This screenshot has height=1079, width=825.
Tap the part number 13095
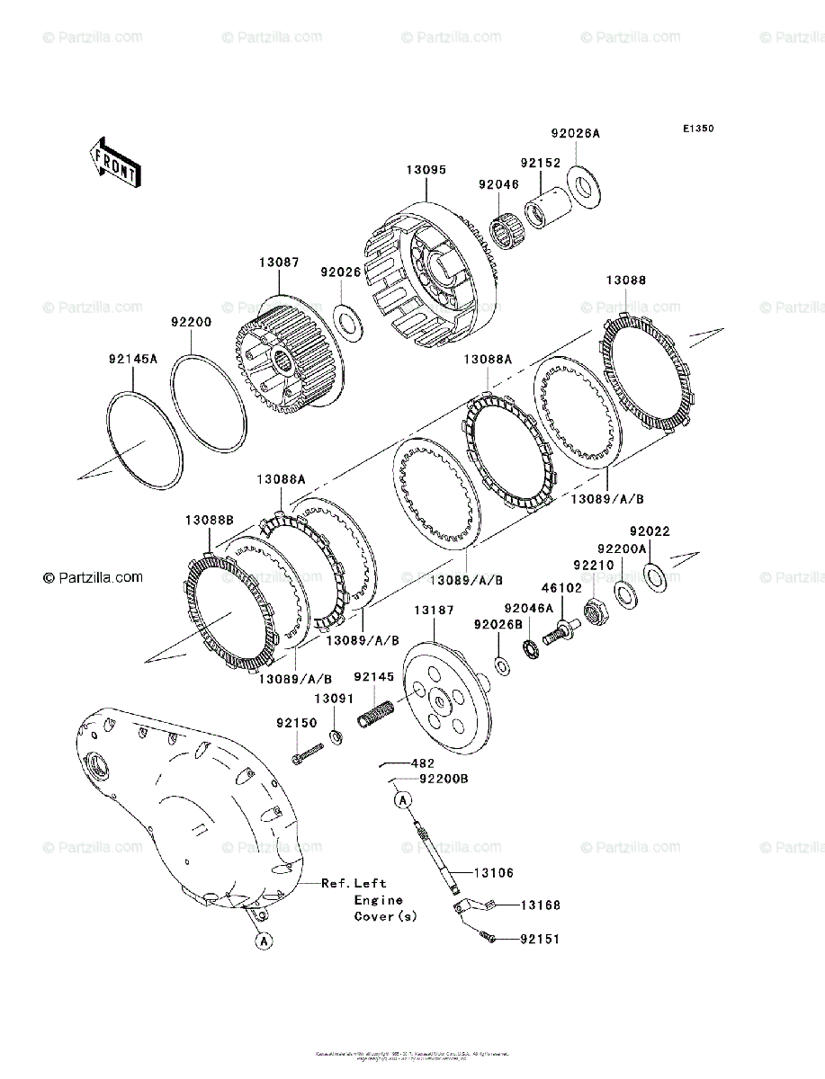[x=426, y=169]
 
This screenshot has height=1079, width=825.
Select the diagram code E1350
[x=697, y=129]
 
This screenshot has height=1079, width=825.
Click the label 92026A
[x=575, y=133]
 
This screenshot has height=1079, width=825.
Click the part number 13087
[x=280, y=262]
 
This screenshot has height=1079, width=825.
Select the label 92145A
[x=132, y=358]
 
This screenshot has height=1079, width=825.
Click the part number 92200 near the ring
[x=192, y=321]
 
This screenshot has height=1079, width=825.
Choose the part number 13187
[x=434, y=611]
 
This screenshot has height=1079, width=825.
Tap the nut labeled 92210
[x=594, y=612]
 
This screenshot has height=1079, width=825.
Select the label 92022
[x=650, y=531]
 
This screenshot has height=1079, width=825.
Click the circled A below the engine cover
[x=263, y=941]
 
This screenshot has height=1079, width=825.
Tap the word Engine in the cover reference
[x=378, y=900]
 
